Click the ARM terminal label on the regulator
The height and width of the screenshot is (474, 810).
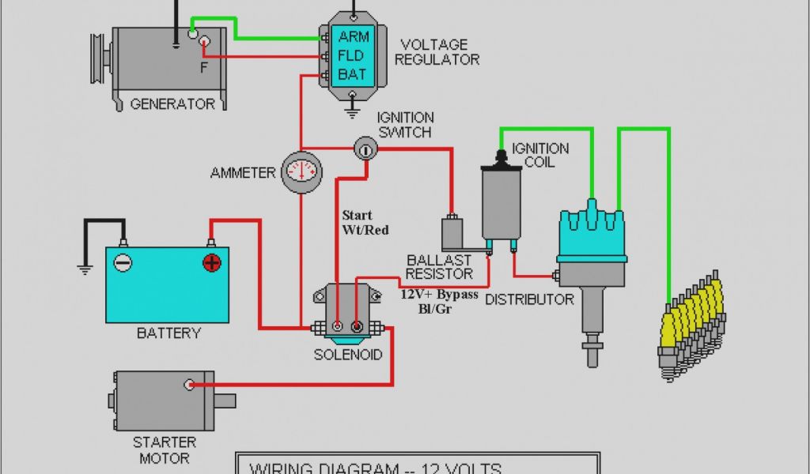coord(352,36)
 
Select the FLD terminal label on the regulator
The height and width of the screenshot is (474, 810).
coord(352,55)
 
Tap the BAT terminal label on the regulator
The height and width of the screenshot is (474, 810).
coord(352,74)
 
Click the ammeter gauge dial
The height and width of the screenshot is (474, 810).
coord(301,170)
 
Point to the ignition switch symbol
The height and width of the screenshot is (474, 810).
coord(365,148)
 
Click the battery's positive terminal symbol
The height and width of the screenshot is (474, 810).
coord(212,263)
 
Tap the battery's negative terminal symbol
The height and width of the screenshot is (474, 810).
coord(123,263)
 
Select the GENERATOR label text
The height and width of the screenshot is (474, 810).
coord(172,103)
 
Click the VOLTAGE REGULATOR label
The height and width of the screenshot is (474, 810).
coord(437,51)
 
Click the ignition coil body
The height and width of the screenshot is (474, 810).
coord(501,201)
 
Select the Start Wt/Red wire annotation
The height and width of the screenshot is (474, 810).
coord(365,222)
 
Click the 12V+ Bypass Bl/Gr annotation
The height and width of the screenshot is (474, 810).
coord(439,300)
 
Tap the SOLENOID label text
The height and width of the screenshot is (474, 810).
coord(347,355)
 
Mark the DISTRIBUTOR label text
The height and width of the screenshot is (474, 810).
coord(529,299)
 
